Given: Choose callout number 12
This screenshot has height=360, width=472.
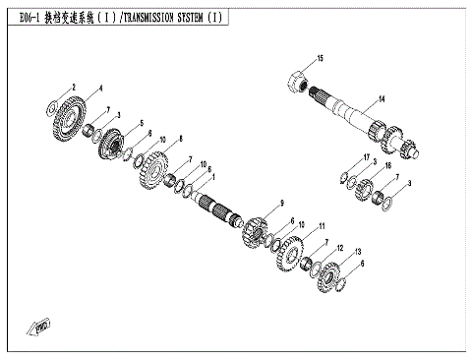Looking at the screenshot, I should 341,247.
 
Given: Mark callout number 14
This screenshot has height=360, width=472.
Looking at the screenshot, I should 383,97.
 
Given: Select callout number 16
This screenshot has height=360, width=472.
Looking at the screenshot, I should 387,167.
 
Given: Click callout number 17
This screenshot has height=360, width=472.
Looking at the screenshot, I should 365,157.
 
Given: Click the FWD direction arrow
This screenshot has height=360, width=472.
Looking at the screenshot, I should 41,326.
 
